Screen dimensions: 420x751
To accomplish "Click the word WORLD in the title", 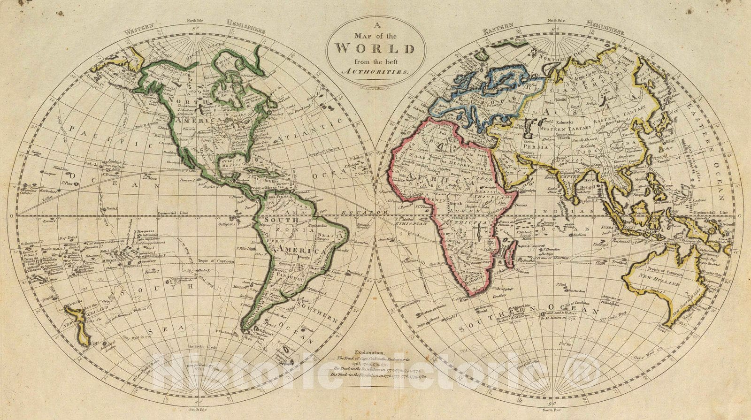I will pyautogui.click(x=375, y=48).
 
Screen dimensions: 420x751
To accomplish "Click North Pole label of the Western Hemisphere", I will pyautogui.click(x=197, y=33).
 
